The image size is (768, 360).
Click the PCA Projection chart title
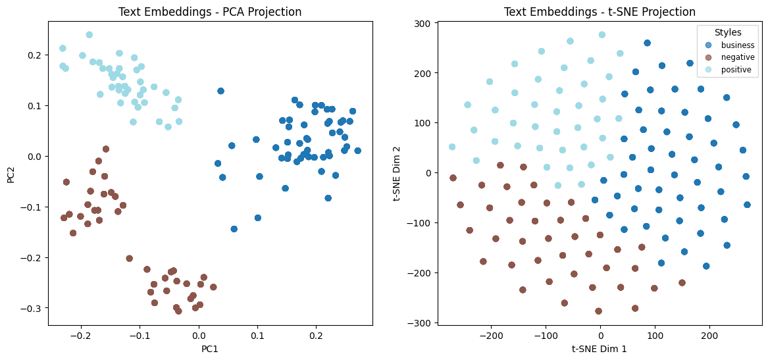click(x=209, y=12)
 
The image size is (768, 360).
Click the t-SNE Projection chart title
click(x=600, y=12)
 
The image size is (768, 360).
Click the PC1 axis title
click(x=209, y=349)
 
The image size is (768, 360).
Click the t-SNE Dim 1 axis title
click(x=600, y=349)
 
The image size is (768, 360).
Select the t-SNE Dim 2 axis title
click(x=397, y=174)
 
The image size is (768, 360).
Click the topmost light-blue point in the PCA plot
click(x=90, y=35)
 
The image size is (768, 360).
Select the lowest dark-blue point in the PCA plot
click(x=234, y=229)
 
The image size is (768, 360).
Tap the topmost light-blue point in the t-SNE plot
click(x=602, y=35)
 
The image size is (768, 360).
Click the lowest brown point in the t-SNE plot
click(x=598, y=311)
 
